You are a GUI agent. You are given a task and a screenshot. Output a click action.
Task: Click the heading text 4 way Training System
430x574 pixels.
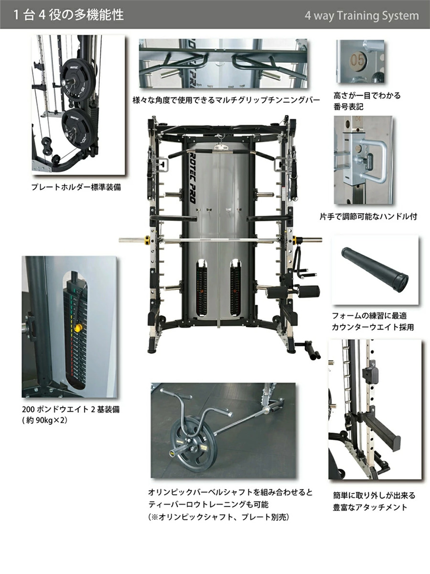(x=362, y=16)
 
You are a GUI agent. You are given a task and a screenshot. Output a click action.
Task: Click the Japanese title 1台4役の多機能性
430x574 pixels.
(x=68, y=15)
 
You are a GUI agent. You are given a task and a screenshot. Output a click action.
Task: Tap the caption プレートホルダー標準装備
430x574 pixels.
(x=76, y=187)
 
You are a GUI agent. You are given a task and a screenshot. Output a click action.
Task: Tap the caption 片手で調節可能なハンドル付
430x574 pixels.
(x=368, y=217)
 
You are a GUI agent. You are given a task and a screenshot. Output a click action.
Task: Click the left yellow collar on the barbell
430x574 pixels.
(x=147, y=240)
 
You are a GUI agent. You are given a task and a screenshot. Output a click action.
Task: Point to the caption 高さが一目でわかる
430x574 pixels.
(x=367, y=96)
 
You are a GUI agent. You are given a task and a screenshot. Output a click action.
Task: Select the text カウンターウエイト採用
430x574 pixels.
(x=373, y=327)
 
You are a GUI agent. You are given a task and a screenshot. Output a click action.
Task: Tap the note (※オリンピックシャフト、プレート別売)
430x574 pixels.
(x=218, y=517)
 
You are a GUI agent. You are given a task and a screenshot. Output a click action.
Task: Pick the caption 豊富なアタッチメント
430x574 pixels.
(x=370, y=508)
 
